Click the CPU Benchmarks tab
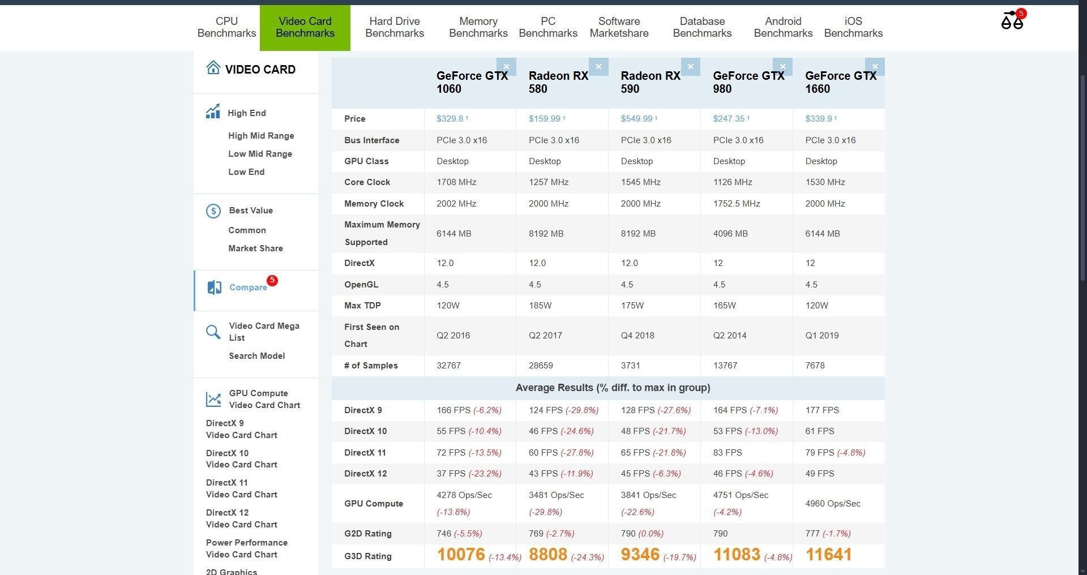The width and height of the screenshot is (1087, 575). (x=226, y=27)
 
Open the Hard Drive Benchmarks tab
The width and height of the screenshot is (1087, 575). (x=395, y=27)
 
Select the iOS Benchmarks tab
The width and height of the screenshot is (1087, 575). (x=853, y=27)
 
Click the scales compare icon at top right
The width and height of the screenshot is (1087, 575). (x=1012, y=21)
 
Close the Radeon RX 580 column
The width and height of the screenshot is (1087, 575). (x=598, y=67)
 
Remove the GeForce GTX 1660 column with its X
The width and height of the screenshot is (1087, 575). (x=875, y=67)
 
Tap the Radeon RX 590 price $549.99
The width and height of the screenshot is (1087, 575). (x=637, y=119)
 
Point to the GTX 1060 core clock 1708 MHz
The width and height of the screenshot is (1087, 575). (x=456, y=182)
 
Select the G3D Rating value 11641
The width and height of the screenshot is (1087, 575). (x=828, y=555)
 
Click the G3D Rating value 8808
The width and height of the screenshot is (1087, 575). (x=547, y=555)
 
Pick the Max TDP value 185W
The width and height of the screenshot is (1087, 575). (x=540, y=306)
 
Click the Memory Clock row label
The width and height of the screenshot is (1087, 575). (x=374, y=204)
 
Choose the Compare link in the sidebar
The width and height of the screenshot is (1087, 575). (x=248, y=287)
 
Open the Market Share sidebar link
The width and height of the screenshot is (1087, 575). (x=255, y=248)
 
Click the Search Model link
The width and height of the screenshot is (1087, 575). (x=256, y=356)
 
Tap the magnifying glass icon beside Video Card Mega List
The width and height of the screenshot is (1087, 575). (x=213, y=332)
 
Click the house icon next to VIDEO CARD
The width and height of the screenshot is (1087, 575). (x=213, y=68)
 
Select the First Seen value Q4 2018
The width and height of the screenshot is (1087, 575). (x=637, y=336)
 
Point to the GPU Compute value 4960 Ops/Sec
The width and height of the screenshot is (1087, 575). (x=832, y=504)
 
